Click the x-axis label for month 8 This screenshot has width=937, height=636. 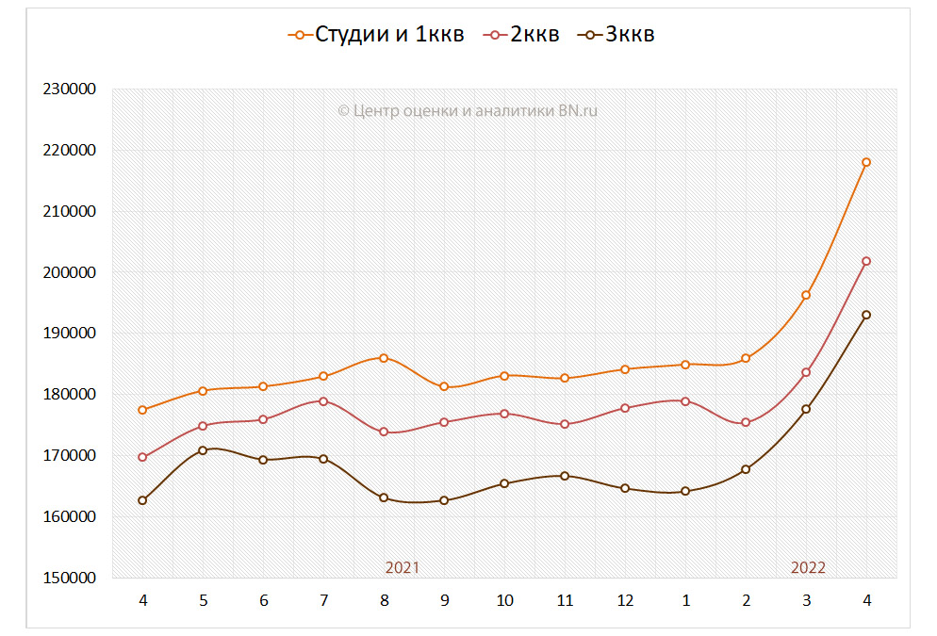(x=384, y=601)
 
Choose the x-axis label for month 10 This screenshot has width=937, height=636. (x=504, y=601)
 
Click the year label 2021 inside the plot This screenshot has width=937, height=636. (x=403, y=567)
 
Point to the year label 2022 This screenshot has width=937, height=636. (x=808, y=567)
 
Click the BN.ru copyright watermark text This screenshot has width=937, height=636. (x=468, y=110)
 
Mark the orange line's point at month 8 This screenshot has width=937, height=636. (x=384, y=358)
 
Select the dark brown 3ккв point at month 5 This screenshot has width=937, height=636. (x=203, y=450)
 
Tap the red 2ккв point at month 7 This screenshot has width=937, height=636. (x=323, y=401)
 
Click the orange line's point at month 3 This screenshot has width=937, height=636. (x=806, y=295)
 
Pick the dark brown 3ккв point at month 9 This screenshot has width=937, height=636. (x=444, y=500)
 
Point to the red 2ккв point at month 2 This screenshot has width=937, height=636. (x=746, y=422)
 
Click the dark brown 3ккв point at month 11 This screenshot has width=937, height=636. (x=565, y=476)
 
